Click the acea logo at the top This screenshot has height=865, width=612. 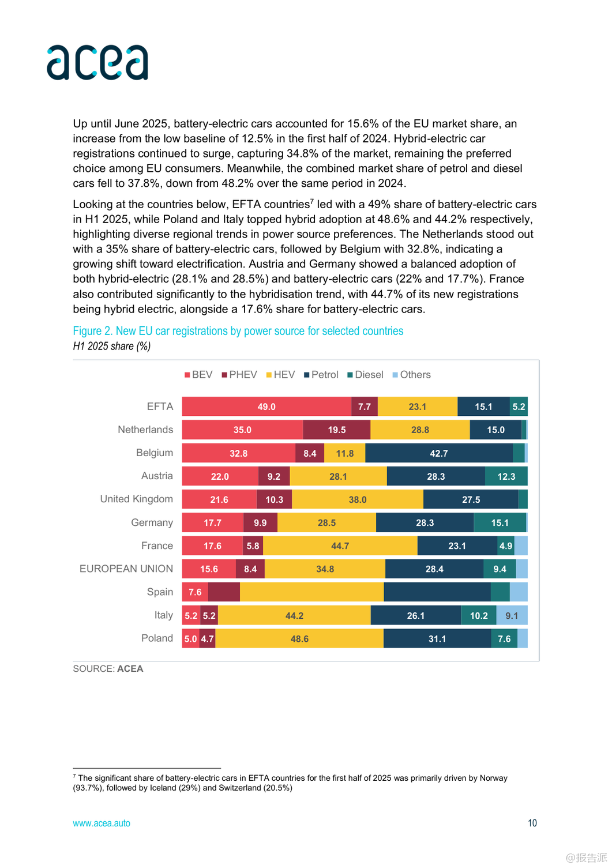pos(97,62)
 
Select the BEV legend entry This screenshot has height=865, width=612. pos(198,375)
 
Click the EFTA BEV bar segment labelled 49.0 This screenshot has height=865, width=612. pos(266,407)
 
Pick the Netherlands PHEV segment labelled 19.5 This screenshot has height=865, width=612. pos(337,430)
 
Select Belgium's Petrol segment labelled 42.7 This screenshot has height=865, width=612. pos(439,453)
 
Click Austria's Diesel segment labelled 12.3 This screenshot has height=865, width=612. pos(506,476)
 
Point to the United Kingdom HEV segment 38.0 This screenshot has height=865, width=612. pos(358,499)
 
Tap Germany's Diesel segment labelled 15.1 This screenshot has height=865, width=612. pos(500,522)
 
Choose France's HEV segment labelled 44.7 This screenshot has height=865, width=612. pos(340,546)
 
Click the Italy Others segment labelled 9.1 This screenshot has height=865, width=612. pos(512,615)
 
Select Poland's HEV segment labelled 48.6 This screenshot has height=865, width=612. pos(299,638)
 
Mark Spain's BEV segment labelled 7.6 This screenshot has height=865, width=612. pos(195,592)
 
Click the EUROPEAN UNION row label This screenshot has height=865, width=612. pos(126,569)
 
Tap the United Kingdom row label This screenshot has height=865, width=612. pos(137,499)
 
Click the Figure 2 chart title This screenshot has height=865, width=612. pos(238,331)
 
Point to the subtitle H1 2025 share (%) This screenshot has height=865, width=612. pos(112,346)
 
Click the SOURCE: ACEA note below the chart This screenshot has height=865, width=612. pos(108,669)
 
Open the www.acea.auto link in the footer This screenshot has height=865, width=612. pos(102,823)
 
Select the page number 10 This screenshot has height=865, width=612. pos(532,823)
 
